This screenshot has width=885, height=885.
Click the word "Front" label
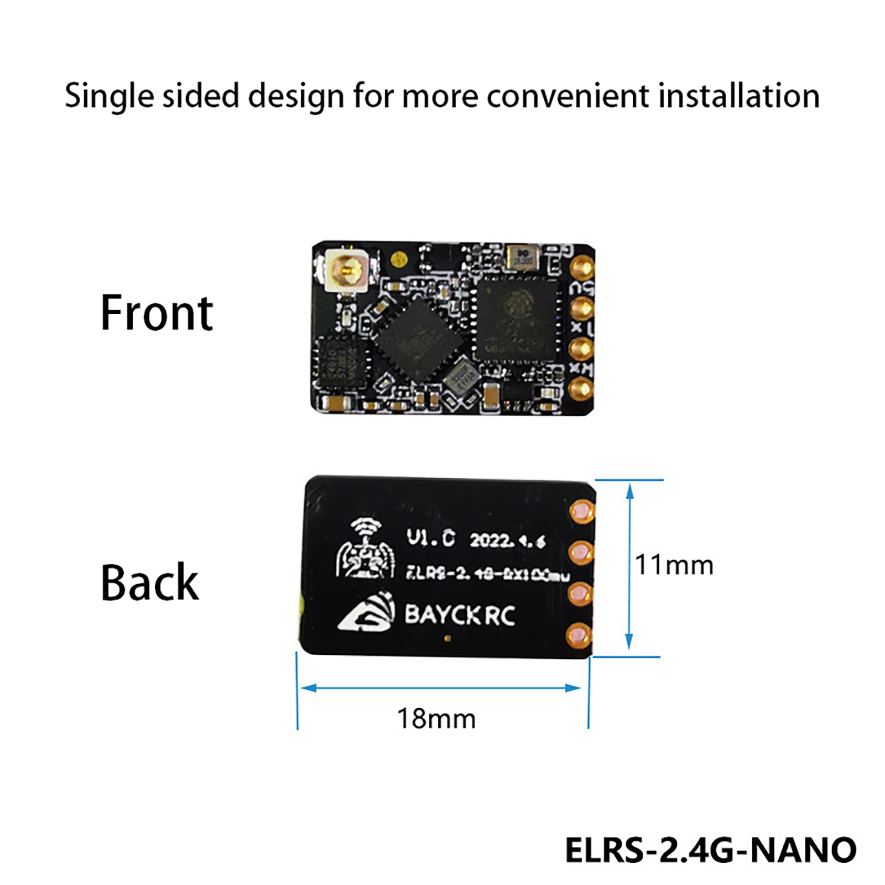pos(157,313)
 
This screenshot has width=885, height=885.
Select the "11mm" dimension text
pos(674,565)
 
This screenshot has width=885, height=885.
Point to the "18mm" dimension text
pos(436,719)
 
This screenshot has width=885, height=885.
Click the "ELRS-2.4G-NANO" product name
pos(710,850)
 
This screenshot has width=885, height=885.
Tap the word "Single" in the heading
pos(109,96)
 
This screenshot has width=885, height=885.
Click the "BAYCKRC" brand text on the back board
pos(460,615)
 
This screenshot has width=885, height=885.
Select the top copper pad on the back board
pos(582,511)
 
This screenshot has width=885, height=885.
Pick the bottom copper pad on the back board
pos(579,636)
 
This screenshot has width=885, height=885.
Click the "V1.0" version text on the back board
pos(431,538)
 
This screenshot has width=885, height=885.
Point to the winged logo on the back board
pos(366,550)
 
